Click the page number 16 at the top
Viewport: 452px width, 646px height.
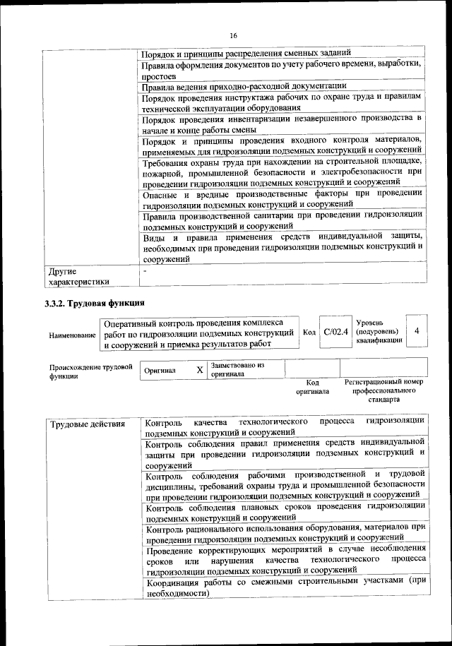233,36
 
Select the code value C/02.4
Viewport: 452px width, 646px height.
335,332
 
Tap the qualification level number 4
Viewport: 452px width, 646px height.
417,331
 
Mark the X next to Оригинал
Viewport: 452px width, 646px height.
199,370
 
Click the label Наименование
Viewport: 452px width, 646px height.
72,336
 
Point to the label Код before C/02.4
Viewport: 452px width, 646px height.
309,333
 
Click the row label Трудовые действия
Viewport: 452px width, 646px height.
88,424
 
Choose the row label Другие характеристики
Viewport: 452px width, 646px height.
78,276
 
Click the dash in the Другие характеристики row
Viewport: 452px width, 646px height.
145,270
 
